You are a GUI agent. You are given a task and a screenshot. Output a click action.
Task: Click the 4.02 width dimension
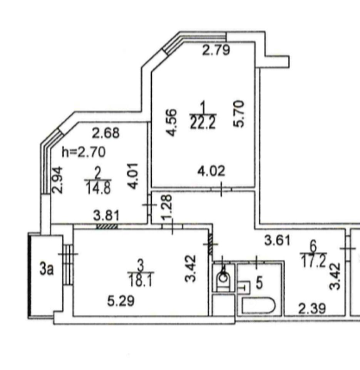[x=211, y=170]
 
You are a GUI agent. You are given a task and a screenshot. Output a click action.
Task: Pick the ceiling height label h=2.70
[x=83, y=152]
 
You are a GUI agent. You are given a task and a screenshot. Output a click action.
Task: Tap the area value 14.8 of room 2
[x=97, y=188]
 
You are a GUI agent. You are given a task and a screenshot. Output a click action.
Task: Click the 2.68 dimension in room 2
[x=106, y=133]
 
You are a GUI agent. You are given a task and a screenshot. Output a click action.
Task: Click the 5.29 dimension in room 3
[x=121, y=301]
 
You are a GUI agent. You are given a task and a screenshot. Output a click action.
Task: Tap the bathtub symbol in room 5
[x=258, y=307]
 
